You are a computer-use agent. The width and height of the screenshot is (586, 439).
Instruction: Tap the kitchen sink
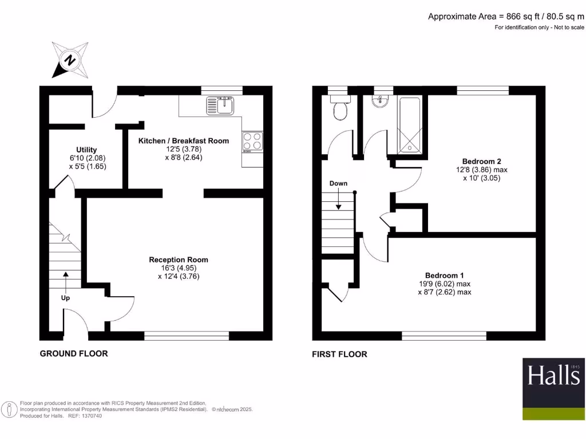tap(221, 105)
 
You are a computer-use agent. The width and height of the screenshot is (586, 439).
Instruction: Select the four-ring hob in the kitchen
tap(252, 141)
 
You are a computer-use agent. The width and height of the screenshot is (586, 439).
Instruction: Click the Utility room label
tap(86, 150)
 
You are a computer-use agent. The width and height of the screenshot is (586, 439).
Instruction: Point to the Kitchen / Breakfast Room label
tap(184, 141)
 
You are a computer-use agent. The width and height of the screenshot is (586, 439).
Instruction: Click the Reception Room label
tap(179, 260)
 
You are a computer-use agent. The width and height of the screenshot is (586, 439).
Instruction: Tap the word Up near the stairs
tap(66, 298)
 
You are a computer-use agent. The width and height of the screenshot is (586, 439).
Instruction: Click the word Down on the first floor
tap(338, 183)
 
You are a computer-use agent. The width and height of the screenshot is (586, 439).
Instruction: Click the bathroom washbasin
tap(378, 101)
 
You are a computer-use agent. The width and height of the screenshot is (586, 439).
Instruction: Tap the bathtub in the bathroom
tap(410, 126)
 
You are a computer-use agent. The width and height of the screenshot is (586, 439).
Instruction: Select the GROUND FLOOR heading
tap(73, 353)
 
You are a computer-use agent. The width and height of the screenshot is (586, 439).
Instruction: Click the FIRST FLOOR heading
tap(339, 354)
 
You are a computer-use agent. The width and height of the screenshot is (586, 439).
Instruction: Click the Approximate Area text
tap(506, 17)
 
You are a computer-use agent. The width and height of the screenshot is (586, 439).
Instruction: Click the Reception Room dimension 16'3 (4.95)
tap(179, 268)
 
